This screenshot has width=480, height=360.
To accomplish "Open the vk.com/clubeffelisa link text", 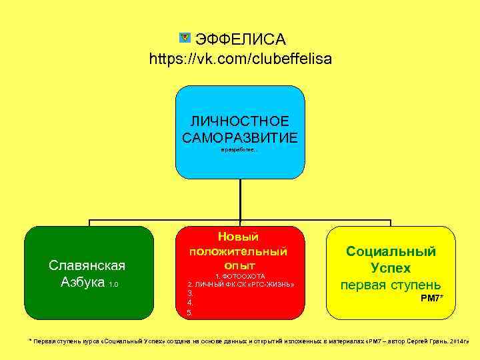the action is coord(240,59).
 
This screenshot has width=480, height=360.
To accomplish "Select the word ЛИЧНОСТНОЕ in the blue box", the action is coord(240,121).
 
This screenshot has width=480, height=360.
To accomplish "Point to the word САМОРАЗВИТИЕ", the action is coord(240,137).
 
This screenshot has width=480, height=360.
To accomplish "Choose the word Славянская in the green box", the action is coord(87,265).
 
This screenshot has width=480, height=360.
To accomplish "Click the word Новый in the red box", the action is coord(238,237).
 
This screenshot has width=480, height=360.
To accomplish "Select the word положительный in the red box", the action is coord(238,251).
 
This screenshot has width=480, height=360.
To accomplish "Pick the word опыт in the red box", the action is coord(239,265).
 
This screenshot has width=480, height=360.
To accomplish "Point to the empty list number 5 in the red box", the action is coord(190,312).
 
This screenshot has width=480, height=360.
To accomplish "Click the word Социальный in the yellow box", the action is coord(391,251).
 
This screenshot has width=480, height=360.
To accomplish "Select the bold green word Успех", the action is coord(391,268).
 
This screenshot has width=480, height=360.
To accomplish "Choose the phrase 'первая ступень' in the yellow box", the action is coord(391,285).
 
